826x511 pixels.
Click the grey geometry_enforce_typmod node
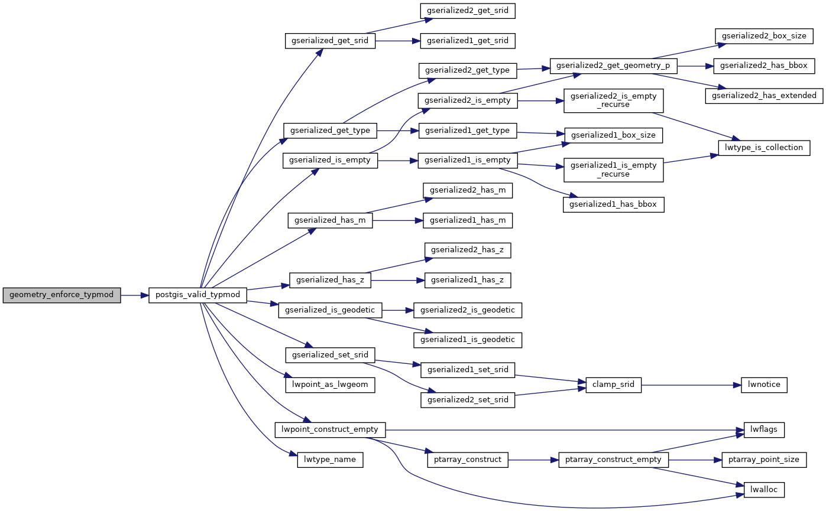61,294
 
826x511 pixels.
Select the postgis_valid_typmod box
197,294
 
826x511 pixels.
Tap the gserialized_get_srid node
330,41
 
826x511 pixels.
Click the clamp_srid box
613,385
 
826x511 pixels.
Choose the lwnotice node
764,385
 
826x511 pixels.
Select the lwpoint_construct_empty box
331,429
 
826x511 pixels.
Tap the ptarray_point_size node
764,459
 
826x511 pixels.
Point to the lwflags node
764,429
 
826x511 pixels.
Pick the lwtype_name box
329,459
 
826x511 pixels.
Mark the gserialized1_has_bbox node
613,204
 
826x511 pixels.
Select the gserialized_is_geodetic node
330,309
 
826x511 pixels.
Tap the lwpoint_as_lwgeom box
330,385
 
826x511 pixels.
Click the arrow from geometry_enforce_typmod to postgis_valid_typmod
134,294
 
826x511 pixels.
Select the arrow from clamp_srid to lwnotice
691,385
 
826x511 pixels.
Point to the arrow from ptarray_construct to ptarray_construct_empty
533,459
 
